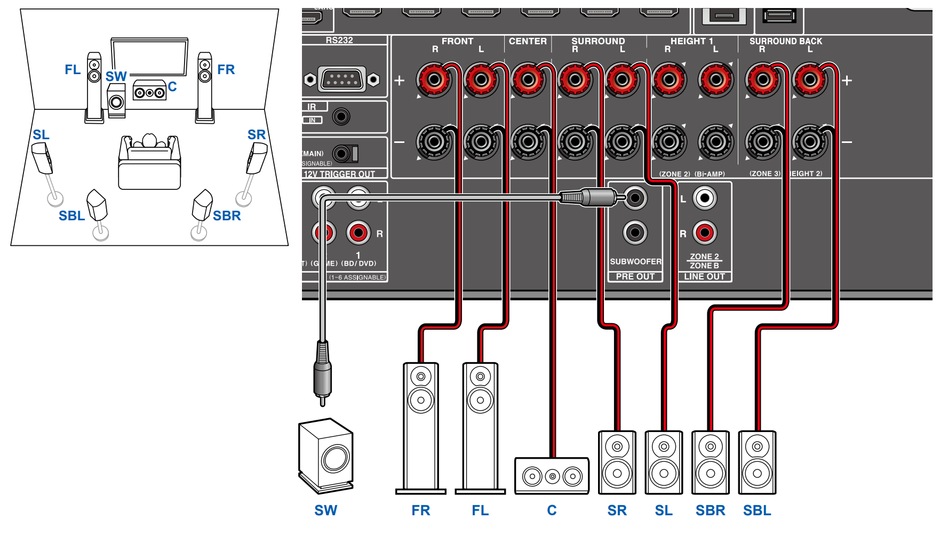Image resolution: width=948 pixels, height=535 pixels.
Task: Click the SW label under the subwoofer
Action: click(325, 510)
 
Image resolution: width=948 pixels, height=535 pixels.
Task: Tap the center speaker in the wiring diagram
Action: click(552, 476)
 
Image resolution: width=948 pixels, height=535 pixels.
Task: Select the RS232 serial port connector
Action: click(341, 80)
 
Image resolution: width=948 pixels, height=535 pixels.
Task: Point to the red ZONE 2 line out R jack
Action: click(705, 233)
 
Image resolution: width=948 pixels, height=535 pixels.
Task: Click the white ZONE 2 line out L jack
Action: click(705, 198)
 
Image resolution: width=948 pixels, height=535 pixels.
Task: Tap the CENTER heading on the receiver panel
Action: click(528, 41)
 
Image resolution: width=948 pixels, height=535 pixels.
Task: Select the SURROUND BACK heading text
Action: click(785, 41)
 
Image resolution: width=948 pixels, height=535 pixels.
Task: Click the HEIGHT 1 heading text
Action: click(691, 41)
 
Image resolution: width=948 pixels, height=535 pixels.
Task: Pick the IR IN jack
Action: click(341, 116)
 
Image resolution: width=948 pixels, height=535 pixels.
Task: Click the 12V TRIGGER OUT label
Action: click(339, 174)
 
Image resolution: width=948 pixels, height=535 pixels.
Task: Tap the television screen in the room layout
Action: click(149, 57)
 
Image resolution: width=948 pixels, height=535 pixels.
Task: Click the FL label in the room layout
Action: click(73, 70)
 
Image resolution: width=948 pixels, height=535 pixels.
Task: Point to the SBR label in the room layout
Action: click(227, 215)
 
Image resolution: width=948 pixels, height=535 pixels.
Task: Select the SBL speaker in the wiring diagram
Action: click(757, 462)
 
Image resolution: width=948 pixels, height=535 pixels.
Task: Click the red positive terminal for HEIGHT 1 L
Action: click(716, 80)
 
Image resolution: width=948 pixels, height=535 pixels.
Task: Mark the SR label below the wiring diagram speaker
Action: click(617, 510)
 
